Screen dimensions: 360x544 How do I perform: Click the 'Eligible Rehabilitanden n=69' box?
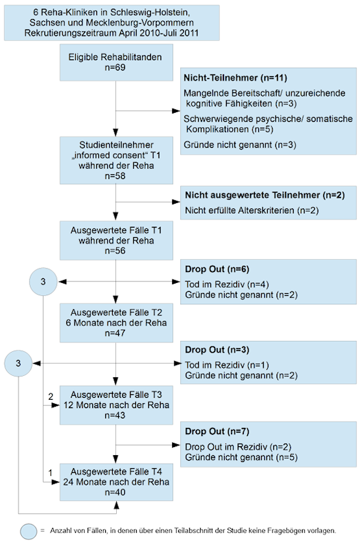click(116, 62)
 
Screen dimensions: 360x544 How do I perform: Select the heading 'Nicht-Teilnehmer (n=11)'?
click(236, 78)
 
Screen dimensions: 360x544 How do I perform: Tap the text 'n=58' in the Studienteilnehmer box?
click(115, 176)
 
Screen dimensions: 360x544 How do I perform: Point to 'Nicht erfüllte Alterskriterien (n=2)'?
click(252, 210)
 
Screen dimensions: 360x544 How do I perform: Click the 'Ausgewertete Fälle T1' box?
click(116, 241)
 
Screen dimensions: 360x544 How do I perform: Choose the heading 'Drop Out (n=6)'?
click(217, 269)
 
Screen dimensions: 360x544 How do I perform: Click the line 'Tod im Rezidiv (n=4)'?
click(227, 284)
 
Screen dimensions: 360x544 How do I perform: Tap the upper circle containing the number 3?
click(43, 282)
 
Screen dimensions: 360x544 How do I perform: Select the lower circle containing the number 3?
click(18, 364)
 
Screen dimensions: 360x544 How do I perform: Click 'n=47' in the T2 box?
click(115, 333)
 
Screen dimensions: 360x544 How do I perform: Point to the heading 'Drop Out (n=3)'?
click(217, 350)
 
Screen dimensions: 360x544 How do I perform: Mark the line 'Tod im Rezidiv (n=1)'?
click(227, 365)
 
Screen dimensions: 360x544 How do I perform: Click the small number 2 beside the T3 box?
click(51, 396)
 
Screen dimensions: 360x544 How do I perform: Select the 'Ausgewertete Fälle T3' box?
click(116, 405)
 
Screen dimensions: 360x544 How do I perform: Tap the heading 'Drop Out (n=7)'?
click(217, 431)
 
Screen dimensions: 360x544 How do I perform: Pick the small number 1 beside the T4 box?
click(51, 473)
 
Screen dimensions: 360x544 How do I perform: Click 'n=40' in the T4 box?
click(115, 492)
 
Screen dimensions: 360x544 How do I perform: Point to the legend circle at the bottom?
click(29, 532)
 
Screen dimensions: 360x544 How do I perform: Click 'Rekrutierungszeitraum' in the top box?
click(70, 33)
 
